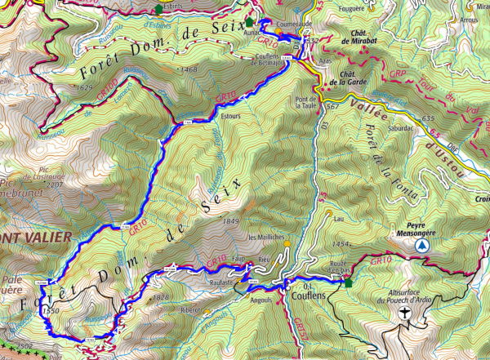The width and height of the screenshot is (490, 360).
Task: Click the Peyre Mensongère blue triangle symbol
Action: coord(421,245)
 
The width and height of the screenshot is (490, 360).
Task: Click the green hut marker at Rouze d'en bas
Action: coord(348,283)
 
